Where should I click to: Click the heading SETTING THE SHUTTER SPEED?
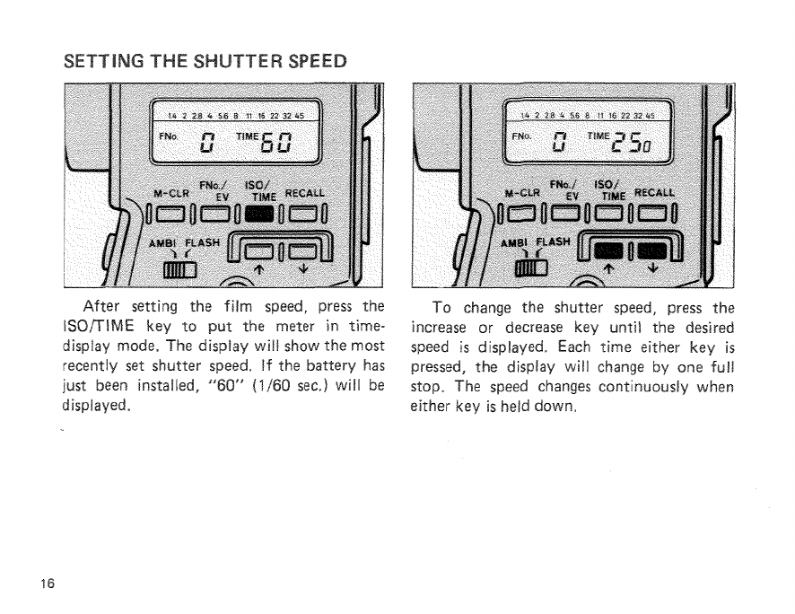[x=203, y=62]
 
